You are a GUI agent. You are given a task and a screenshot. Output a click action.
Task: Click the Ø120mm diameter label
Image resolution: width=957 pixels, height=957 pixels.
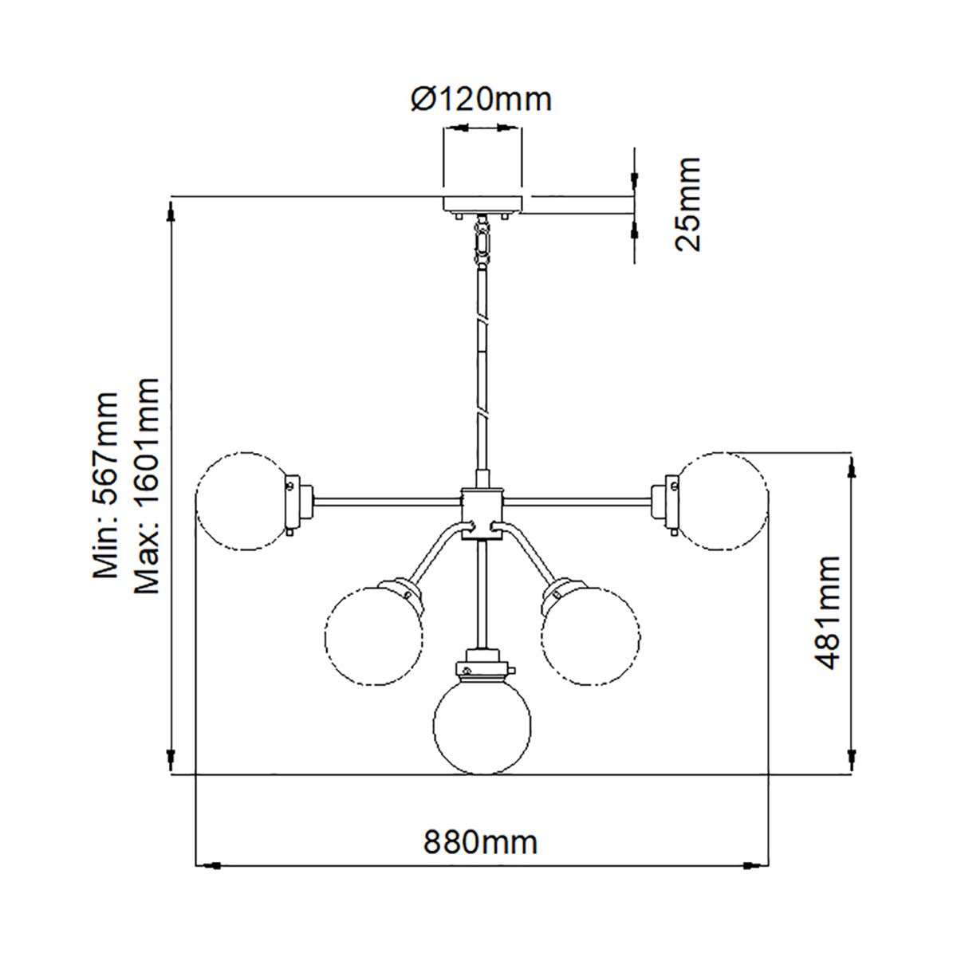click(x=481, y=100)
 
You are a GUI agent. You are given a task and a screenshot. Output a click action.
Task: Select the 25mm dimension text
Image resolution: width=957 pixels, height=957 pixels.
click(x=687, y=204)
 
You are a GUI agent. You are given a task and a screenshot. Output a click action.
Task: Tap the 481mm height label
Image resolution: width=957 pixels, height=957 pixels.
click(x=826, y=613)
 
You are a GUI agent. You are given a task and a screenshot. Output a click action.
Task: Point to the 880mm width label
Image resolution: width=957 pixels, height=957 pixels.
click(x=480, y=842)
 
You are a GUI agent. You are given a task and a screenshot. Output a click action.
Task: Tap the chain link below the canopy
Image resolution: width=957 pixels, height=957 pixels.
click(x=482, y=239)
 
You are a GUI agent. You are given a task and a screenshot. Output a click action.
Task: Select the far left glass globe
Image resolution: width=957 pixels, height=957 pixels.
click(x=242, y=502)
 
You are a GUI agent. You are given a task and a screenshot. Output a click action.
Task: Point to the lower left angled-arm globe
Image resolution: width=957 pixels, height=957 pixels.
click(x=372, y=636)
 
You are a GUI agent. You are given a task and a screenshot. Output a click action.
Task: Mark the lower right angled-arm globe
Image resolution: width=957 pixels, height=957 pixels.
click(x=591, y=636)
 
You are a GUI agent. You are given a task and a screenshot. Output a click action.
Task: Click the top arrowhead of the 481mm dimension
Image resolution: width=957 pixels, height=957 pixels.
click(x=853, y=471)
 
